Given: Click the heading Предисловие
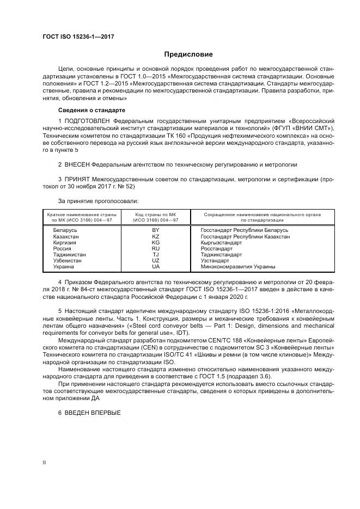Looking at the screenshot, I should click(188, 54).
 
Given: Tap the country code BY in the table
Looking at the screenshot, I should click(156, 230).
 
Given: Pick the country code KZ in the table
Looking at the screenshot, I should click(156, 236).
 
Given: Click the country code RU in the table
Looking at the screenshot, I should click(156, 249).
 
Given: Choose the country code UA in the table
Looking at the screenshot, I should click(156, 267).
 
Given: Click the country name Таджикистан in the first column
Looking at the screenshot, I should click(70, 255).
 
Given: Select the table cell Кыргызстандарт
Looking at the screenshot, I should click(222, 243).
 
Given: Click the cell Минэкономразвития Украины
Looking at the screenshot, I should click(238, 267).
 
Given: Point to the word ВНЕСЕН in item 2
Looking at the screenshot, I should click(76, 164).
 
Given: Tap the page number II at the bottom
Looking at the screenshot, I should click(45, 463).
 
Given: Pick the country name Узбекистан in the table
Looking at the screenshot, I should click(68, 261).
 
